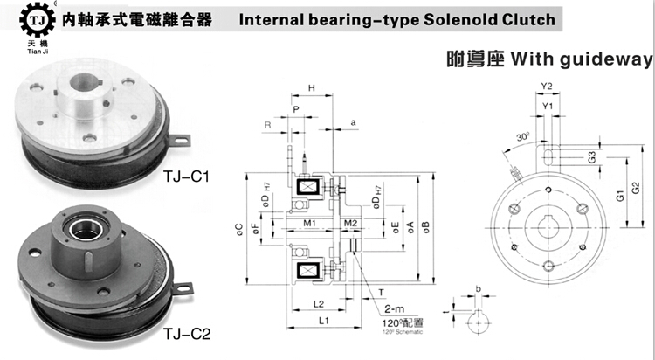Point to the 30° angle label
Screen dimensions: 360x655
point(522,138)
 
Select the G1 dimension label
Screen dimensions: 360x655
point(617,198)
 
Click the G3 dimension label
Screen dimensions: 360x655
point(591,158)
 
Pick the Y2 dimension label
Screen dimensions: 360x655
point(548,86)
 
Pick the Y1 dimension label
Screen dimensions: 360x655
point(548,106)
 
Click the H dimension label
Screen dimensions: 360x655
point(312,88)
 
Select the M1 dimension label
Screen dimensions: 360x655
point(309,224)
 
